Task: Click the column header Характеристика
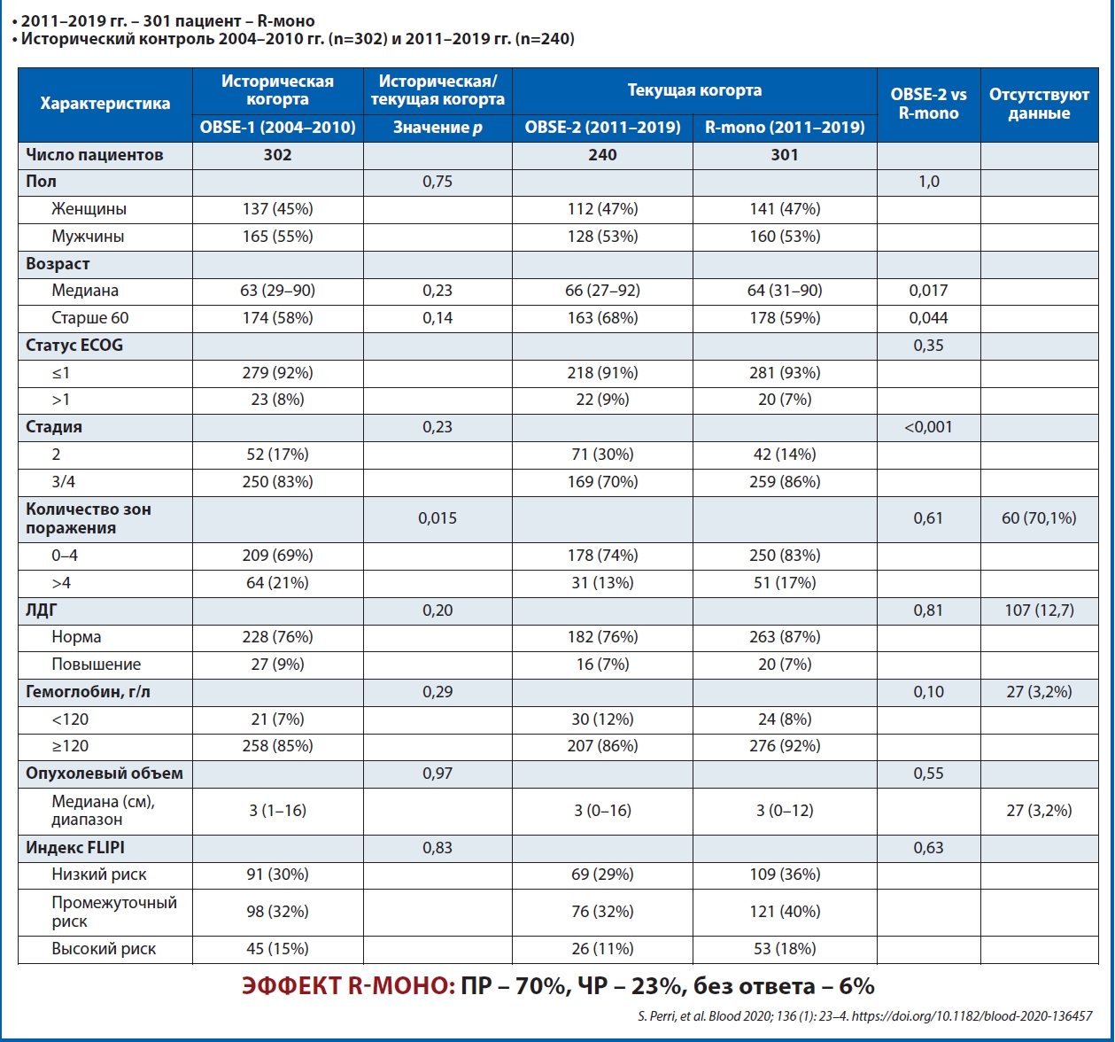(105, 104)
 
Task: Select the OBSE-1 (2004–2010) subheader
(277, 127)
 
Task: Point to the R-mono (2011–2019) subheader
(785, 127)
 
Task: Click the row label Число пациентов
(95, 155)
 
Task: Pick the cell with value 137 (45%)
(277, 209)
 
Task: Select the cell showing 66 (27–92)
(602, 291)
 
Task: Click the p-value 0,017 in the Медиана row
(928, 291)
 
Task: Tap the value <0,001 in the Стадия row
(928, 427)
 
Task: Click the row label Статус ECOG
(74, 346)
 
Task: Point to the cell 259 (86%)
(785, 482)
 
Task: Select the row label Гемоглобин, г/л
(88, 692)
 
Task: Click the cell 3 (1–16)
(277, 811)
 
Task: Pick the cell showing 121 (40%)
(785, 912)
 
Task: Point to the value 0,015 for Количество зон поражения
(437, 517)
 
